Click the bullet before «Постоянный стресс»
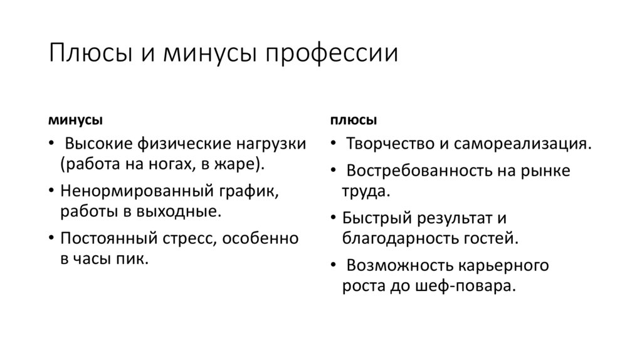(50, 238)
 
